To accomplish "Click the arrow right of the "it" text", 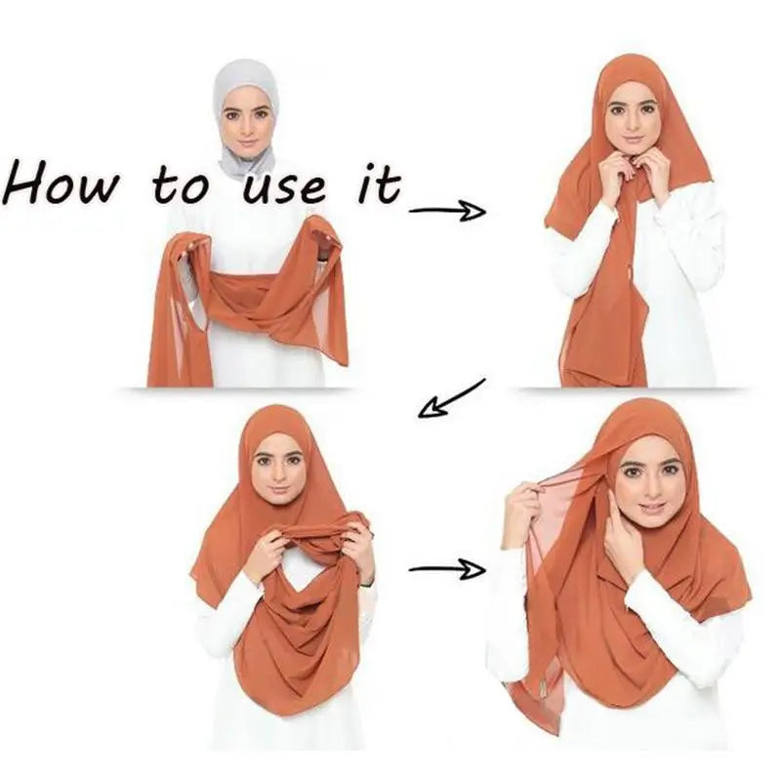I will click(447, 209).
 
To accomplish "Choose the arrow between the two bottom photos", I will click(446, 568).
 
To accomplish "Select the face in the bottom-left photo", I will click(279, 468).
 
